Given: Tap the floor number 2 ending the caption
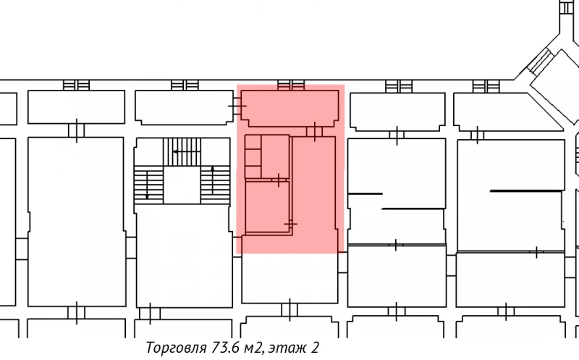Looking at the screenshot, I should coord(315,348).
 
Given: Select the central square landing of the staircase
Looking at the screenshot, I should coord(182,185).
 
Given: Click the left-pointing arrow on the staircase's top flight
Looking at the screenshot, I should coord(175,152).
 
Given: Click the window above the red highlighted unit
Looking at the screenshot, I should coord(290,84).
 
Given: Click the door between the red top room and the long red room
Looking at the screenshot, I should coord(314,130).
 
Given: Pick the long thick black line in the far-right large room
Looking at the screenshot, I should coord(526,191).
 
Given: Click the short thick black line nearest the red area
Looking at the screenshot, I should coord(365,193).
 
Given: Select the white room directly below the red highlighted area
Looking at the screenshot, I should coord(289,279).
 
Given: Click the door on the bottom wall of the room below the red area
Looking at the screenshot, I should coord(289,309).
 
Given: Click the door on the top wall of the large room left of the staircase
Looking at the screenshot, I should coord(76,130).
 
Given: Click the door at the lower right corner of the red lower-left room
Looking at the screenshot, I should coord(291,225).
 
